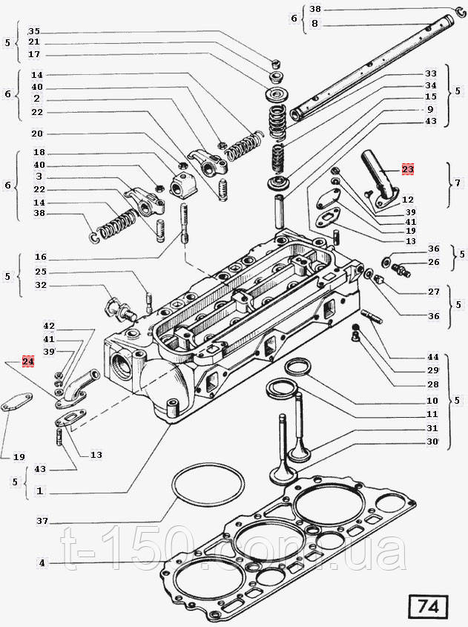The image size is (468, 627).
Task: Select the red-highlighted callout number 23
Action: pos(409,169)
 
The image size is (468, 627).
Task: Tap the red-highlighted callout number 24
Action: pos(28,361)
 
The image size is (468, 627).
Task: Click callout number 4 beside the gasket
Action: pos(42,562)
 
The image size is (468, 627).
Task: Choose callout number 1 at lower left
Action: pos(39,490)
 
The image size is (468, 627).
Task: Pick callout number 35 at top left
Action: pos(34,32)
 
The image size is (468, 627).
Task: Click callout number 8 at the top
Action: pos(315,24)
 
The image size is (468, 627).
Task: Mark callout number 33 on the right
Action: pos(431,74)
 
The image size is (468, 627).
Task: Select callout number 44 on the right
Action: pos(433,357)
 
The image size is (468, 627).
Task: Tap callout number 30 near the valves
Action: pos(432,441)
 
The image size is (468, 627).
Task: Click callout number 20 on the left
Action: pos(38,134)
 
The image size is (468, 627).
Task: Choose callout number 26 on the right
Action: pos(433,261)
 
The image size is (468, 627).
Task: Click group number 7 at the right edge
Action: pos(458,183)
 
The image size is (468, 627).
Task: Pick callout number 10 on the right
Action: pos(432,401)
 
